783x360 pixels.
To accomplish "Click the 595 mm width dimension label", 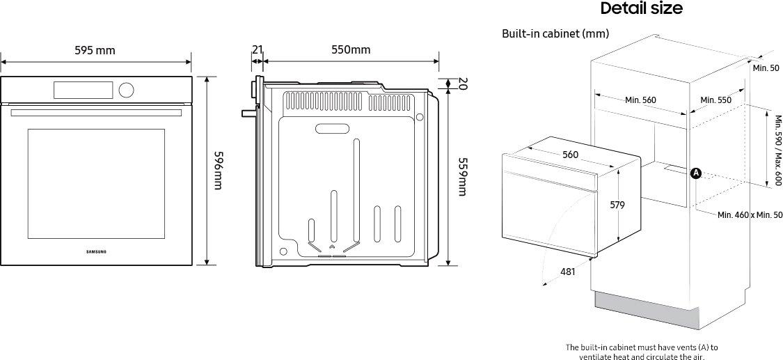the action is (95, 50).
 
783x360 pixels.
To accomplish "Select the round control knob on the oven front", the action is (127, 90).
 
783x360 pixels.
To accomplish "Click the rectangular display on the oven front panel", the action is (84, 90).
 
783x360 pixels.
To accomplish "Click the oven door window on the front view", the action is (96, 184).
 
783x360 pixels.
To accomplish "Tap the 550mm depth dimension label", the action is (351, 50).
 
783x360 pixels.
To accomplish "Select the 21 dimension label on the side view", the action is (257, 49).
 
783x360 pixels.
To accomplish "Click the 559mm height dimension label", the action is (462, 178).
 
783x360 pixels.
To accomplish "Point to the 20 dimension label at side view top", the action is (462, 84).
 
